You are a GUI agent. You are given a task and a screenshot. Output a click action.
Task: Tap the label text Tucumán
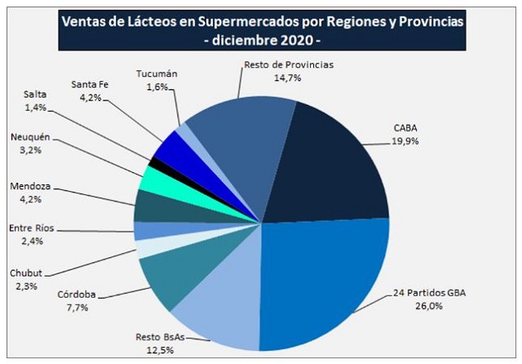click(x=157, y=73)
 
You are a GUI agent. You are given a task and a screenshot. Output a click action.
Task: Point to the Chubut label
click(x=24, y=273)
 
